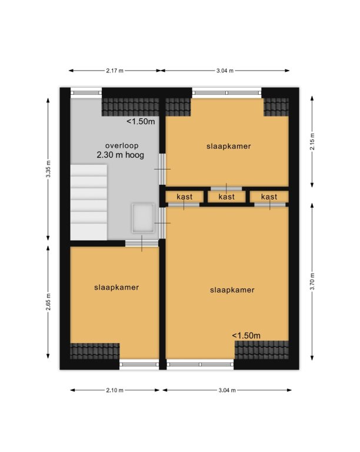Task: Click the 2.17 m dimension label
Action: click(x=115, y=71)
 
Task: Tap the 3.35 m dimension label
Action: click(x=48, y=169)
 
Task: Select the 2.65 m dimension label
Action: click(x=48, y=302)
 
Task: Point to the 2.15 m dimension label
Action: click(x=312, y=142)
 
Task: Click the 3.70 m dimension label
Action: click(x=312, y=282)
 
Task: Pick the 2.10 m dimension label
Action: click(x=115, y=390)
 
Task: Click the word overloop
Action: click(x=122, y=145)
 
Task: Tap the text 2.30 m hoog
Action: click(x=121, y=155)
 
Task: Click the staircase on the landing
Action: click(x=89, y=202)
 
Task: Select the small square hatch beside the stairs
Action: click(x=143, y=218)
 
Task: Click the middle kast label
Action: click(x=226, y=197)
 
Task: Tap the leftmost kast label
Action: click(x=184, y=197)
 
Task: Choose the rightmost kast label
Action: click(x=269, y=197)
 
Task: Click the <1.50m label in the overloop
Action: click(x=141, y=122)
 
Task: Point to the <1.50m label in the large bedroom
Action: click(x=246, y=335)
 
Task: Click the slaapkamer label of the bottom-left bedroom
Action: click(x=116, y=287)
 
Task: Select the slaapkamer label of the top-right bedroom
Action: click(x=229, y=146)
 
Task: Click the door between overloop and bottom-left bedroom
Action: click(x=142, y=243)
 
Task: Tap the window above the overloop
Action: click(x=86, y=92)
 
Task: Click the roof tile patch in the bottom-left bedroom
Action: click(x=95, y=351)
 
